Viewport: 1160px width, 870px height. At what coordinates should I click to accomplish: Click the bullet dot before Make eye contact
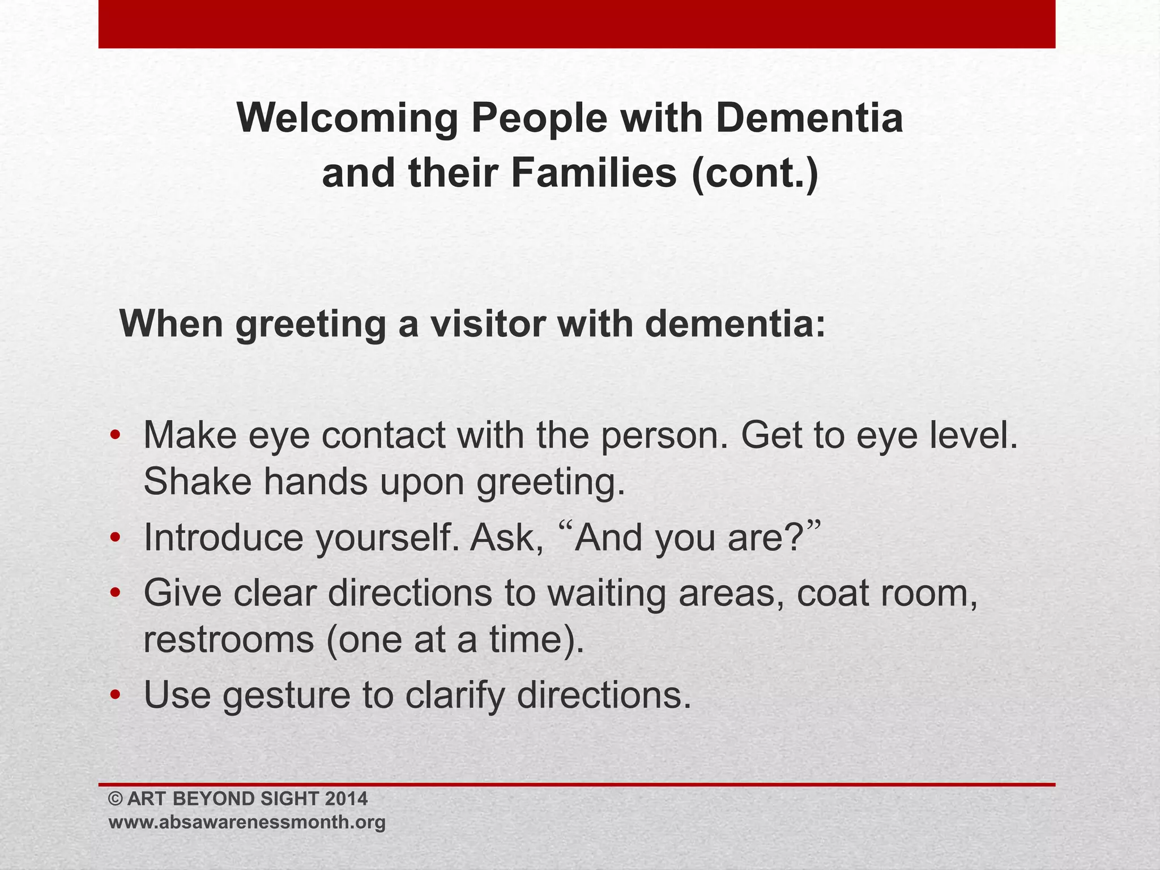(115, 436)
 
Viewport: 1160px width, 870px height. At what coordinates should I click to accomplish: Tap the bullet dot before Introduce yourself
(115, 538)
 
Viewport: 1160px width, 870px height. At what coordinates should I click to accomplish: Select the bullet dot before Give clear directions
(115, 593)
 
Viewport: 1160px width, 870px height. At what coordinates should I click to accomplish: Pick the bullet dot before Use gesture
(115, 695)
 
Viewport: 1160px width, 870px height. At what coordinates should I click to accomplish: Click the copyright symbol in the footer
(116, 799)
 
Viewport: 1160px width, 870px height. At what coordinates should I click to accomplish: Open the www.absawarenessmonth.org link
(247, 822)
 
